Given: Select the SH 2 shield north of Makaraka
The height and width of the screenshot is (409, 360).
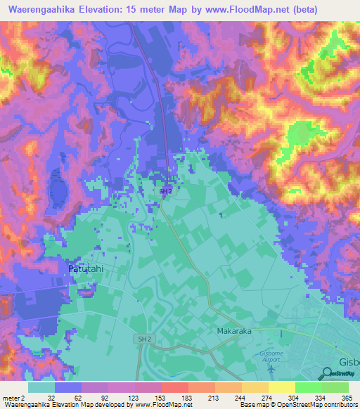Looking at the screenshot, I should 165,190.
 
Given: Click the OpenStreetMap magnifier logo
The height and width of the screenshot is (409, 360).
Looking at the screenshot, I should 329,372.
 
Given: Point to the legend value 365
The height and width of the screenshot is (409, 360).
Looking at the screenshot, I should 346,397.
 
